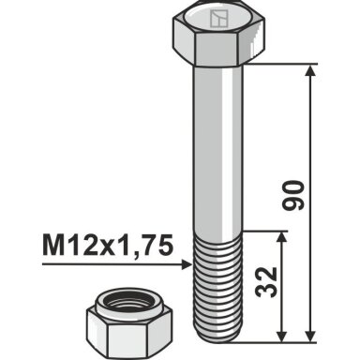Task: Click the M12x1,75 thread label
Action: [x=108, y=246]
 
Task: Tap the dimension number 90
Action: [x=292, y=195]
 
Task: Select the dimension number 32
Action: [x=266, y=282]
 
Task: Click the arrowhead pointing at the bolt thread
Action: [x=187, y=265]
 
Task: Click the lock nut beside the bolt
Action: [x=128, y=323]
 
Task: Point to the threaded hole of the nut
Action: [x=129, y=303]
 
